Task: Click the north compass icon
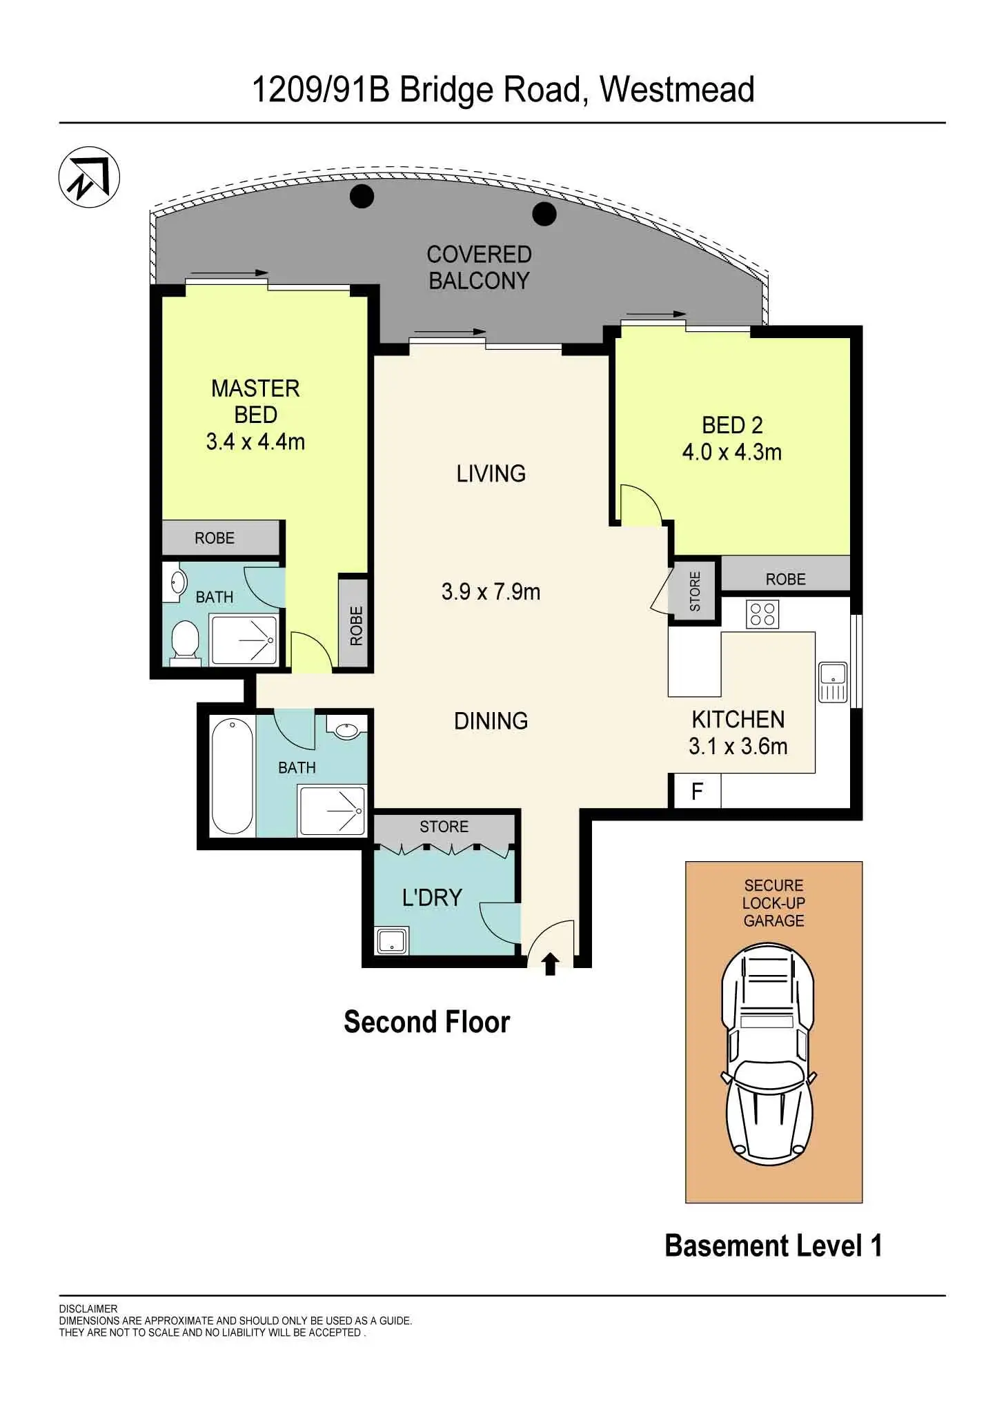pos(89,177)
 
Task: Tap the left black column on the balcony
pos(362,196)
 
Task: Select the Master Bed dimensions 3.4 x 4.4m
pos(255,442)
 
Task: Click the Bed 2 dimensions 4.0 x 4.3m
pos(731,453)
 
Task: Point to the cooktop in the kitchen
pos(762,613)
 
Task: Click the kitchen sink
pos(832,682)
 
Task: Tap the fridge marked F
pos(696,791)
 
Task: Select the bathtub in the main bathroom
pos(232,776)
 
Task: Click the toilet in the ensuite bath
pos(184,642)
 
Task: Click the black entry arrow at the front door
pos(550,963)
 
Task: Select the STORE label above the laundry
pos(444,827)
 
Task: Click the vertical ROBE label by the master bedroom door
pos(356,625)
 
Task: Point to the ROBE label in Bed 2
pos(785,579)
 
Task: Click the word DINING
pos(491,721)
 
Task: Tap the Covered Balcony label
pos(479,268)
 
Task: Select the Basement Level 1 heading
pos(773,1245)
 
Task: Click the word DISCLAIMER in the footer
pos(88,1308)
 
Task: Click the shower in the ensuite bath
pos(244,640)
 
